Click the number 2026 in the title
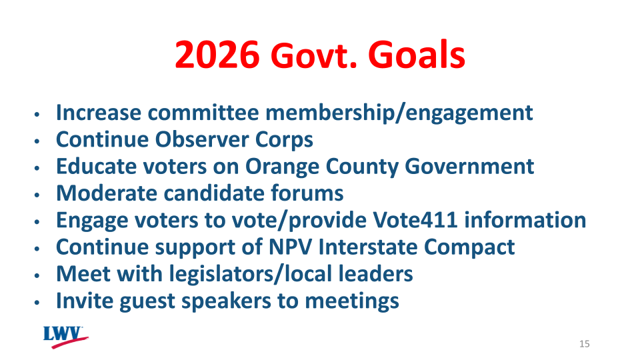[x=217, y=54]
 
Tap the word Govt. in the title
[x=312, y=57]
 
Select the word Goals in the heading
[x=417, y=54]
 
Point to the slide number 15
[x=585, y=344]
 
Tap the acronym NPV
[x=292, y=247]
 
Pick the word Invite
[x=85, y=301]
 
